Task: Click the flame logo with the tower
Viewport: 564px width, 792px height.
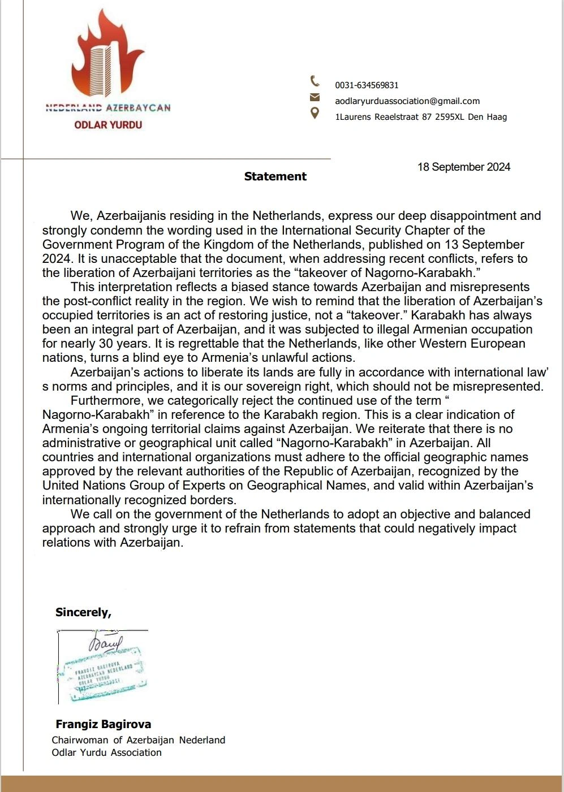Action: tap(107, 57)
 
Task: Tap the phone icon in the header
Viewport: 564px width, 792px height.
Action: tap(315, 81)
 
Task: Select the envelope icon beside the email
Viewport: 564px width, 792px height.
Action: tap(315, 97)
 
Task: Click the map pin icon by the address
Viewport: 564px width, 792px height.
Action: tap(315, 113)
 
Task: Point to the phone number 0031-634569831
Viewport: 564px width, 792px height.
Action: tap(367, 85)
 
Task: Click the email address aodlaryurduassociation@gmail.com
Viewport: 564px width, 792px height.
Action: tap(407, 101)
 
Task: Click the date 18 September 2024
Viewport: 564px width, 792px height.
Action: tap(464, 167)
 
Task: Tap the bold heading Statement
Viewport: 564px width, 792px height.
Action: tap(275, 176)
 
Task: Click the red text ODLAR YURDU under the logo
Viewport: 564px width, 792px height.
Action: tap(108, 125)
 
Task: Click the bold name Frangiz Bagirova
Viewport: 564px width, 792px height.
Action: tap(104, 724)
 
